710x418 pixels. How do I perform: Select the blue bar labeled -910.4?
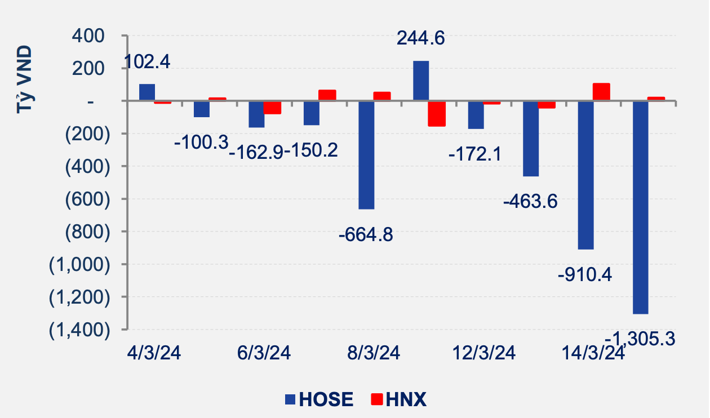click(x=585, y=175)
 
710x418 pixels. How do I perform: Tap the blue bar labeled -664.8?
click(x=366, y=155)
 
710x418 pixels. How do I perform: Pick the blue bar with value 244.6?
click(x=421, y=81)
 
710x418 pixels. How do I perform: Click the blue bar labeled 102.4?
click(x=147, y=92)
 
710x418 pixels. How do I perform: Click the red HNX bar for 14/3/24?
click(x=602, y=92)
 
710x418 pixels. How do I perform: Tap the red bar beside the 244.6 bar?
click(x=437, y=113)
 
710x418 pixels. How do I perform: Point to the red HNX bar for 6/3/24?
click(x=273, y=107)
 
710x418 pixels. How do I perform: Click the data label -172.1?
click(x=474, y=153)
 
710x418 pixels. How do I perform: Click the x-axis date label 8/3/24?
click(x=374, y=354)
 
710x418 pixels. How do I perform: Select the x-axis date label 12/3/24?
click(x=483, y=354)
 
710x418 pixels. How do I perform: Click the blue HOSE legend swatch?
click(x=290, y=400)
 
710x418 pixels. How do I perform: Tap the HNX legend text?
click(x=406, y=400)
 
